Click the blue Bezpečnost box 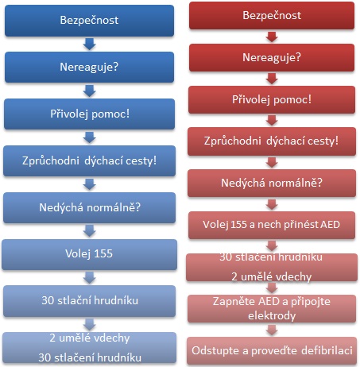[89, 21]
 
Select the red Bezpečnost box [272, 15]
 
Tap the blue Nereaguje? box [89, 67]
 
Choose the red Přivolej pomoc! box [272, 99]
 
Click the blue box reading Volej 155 [89, 254]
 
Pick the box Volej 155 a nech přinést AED [272, 225]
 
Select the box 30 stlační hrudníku [89, 301]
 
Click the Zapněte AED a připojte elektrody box [272, 308]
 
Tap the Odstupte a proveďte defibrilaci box [272, 350]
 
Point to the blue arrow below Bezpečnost [89, 44]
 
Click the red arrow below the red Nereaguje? [272, 79]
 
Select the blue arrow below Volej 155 [89, 278]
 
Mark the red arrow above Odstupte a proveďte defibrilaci [272, 330]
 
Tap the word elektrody [272, 315]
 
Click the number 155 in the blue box [103, 253]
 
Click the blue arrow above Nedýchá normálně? [89, 184]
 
